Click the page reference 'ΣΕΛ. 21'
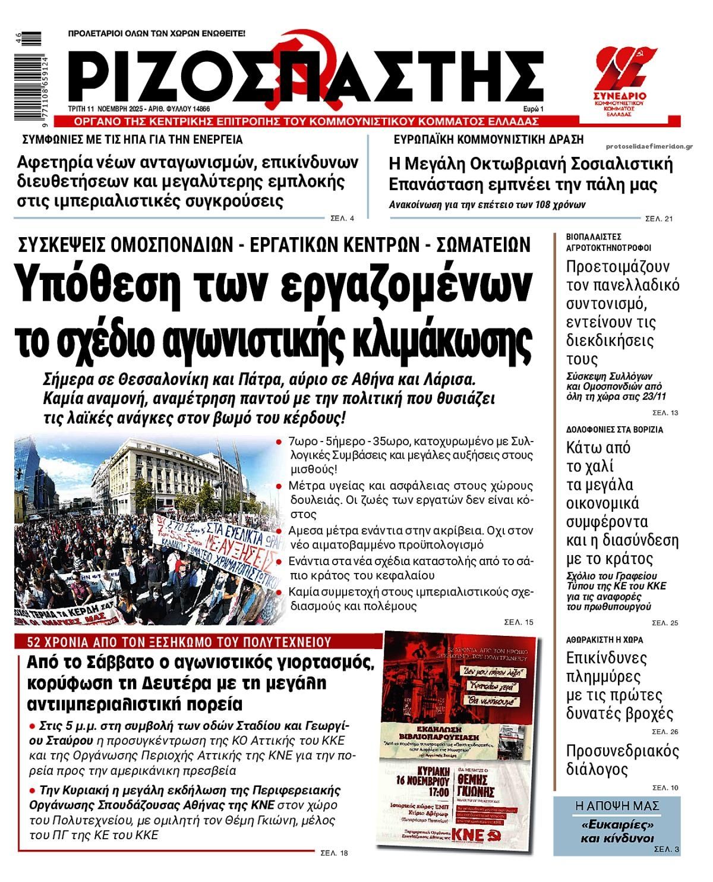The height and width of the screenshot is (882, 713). pos(659,219)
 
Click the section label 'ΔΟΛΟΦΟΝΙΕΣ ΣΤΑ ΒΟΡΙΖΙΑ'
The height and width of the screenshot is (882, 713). pos(614,429)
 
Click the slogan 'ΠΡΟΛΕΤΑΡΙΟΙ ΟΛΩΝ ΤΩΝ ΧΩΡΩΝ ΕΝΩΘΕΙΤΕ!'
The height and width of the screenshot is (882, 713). pos(156,34)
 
